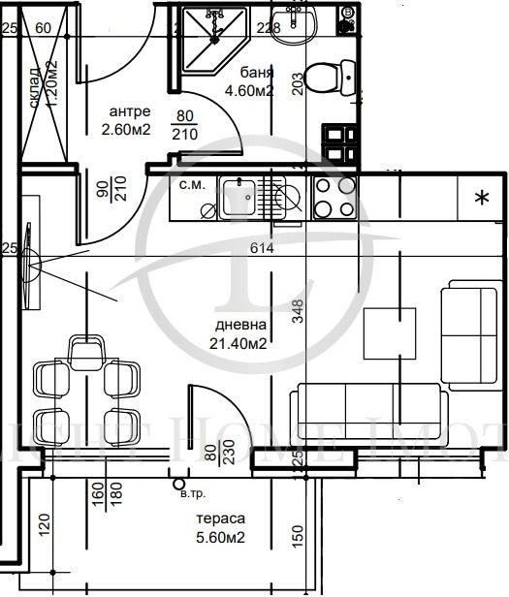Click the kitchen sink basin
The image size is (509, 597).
coord(239,198)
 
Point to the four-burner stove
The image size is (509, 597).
coord(334,198)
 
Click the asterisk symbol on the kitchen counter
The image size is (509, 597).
coord(480,199)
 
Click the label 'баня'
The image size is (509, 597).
coord(256,74)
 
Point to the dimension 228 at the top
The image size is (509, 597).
coord(270,27)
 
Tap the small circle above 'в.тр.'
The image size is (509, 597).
coord(176,481)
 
